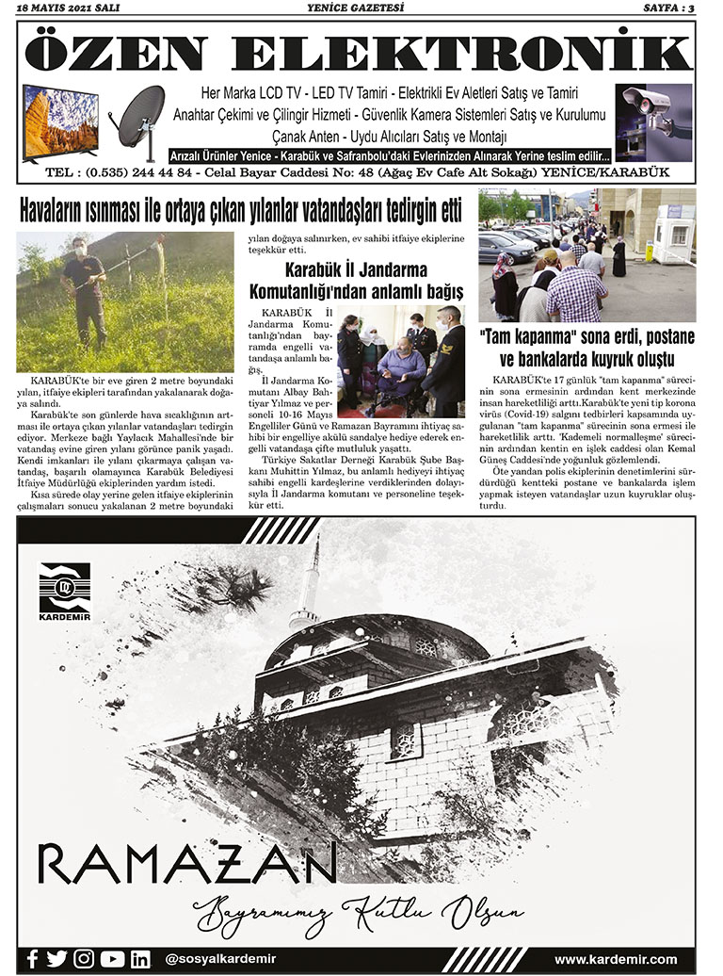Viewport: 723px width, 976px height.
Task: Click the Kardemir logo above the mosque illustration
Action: pos(65,591)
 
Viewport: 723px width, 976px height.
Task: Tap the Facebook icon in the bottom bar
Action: pos(32,959)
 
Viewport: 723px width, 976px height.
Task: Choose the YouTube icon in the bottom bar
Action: pos(112,959)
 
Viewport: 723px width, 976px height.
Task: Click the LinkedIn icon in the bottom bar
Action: pos(140,959)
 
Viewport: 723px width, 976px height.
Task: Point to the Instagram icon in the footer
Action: pos(85,959)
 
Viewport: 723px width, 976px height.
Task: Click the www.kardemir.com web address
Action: pos(616,959)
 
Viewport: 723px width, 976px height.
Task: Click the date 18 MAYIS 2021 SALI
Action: pos(62,8)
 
